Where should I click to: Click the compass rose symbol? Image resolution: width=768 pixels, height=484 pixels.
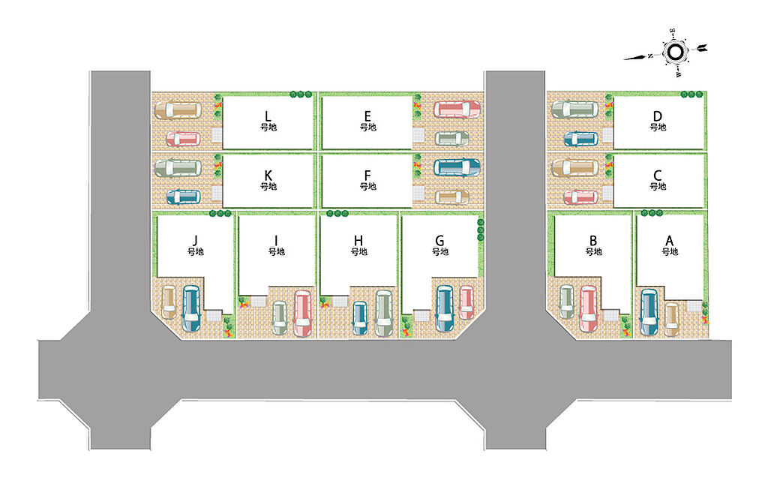pos(676,53)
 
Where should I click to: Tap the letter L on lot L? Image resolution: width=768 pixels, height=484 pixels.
pos(268,116)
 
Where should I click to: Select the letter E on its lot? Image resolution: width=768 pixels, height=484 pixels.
pos(367,116)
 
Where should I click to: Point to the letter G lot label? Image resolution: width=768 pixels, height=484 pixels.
pos(440,240)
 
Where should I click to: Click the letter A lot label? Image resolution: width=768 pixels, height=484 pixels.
pos(670,240)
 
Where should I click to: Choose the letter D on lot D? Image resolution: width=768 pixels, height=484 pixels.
pos(658,116)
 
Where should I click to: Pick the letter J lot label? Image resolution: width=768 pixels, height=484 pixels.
pos(195,240)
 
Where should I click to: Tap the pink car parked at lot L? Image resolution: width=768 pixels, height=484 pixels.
pos(183,139)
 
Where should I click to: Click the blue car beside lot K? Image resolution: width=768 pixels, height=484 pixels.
pos(183,197)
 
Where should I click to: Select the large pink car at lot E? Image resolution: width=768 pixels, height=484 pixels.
pos(457,110)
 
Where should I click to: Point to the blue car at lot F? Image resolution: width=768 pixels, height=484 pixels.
pos(457,167)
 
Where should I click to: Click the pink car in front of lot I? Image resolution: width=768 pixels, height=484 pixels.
pos(303,313)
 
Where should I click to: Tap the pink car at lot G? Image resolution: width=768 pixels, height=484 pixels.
pos(466,302)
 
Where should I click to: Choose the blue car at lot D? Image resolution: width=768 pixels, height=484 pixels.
pos(580,139)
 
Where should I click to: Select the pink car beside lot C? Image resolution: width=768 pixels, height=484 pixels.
pos(580,197)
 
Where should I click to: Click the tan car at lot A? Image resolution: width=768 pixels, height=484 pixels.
pos(671,319)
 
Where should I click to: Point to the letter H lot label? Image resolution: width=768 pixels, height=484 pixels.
pos(358,240)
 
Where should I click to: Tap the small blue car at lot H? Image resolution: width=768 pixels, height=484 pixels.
pos(360,317)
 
